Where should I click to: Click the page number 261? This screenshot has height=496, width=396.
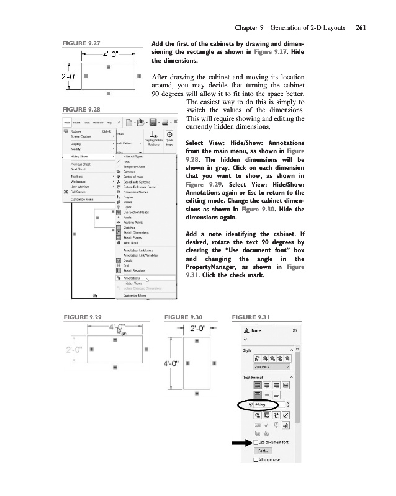click(361, 28)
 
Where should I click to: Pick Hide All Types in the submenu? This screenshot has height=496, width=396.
click(133, 157)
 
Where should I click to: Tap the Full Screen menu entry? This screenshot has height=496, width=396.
click(79, 192)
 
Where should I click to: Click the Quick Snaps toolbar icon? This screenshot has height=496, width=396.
click(169, 143)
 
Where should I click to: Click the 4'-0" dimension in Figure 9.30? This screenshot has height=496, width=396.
click(171, 363)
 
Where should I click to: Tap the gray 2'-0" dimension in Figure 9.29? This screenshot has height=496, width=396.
click(74, 350)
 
